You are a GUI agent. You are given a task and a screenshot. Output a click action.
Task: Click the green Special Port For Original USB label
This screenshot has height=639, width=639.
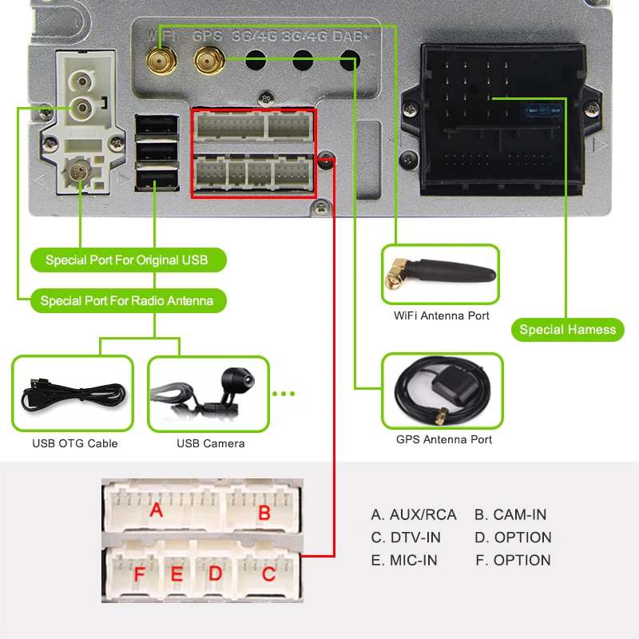point(126,260)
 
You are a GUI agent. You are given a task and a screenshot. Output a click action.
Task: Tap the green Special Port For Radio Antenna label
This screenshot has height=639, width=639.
point(127,301)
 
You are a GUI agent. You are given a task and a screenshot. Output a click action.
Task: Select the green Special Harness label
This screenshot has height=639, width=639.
point(567,330)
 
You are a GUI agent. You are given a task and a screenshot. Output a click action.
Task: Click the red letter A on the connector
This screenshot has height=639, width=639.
point(157,509)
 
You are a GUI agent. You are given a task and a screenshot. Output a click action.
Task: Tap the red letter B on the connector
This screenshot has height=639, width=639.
point(264,513)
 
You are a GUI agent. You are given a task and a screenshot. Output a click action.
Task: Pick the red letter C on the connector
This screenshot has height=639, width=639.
point(268,573)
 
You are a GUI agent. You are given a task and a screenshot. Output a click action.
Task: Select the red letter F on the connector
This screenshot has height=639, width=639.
point(140,574)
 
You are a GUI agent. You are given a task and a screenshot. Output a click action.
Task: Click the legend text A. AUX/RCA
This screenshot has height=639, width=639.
point(414,515)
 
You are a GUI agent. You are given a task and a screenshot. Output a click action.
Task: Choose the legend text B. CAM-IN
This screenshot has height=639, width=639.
point(510,515)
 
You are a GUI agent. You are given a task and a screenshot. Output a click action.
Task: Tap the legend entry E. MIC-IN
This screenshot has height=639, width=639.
point(404,561)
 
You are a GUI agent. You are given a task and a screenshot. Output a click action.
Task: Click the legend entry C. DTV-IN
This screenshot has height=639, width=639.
point(406,538)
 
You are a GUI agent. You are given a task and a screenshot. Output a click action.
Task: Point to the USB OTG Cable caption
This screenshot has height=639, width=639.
point(75,443)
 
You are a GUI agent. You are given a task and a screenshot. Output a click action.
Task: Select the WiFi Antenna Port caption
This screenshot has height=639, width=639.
point(442,316)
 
